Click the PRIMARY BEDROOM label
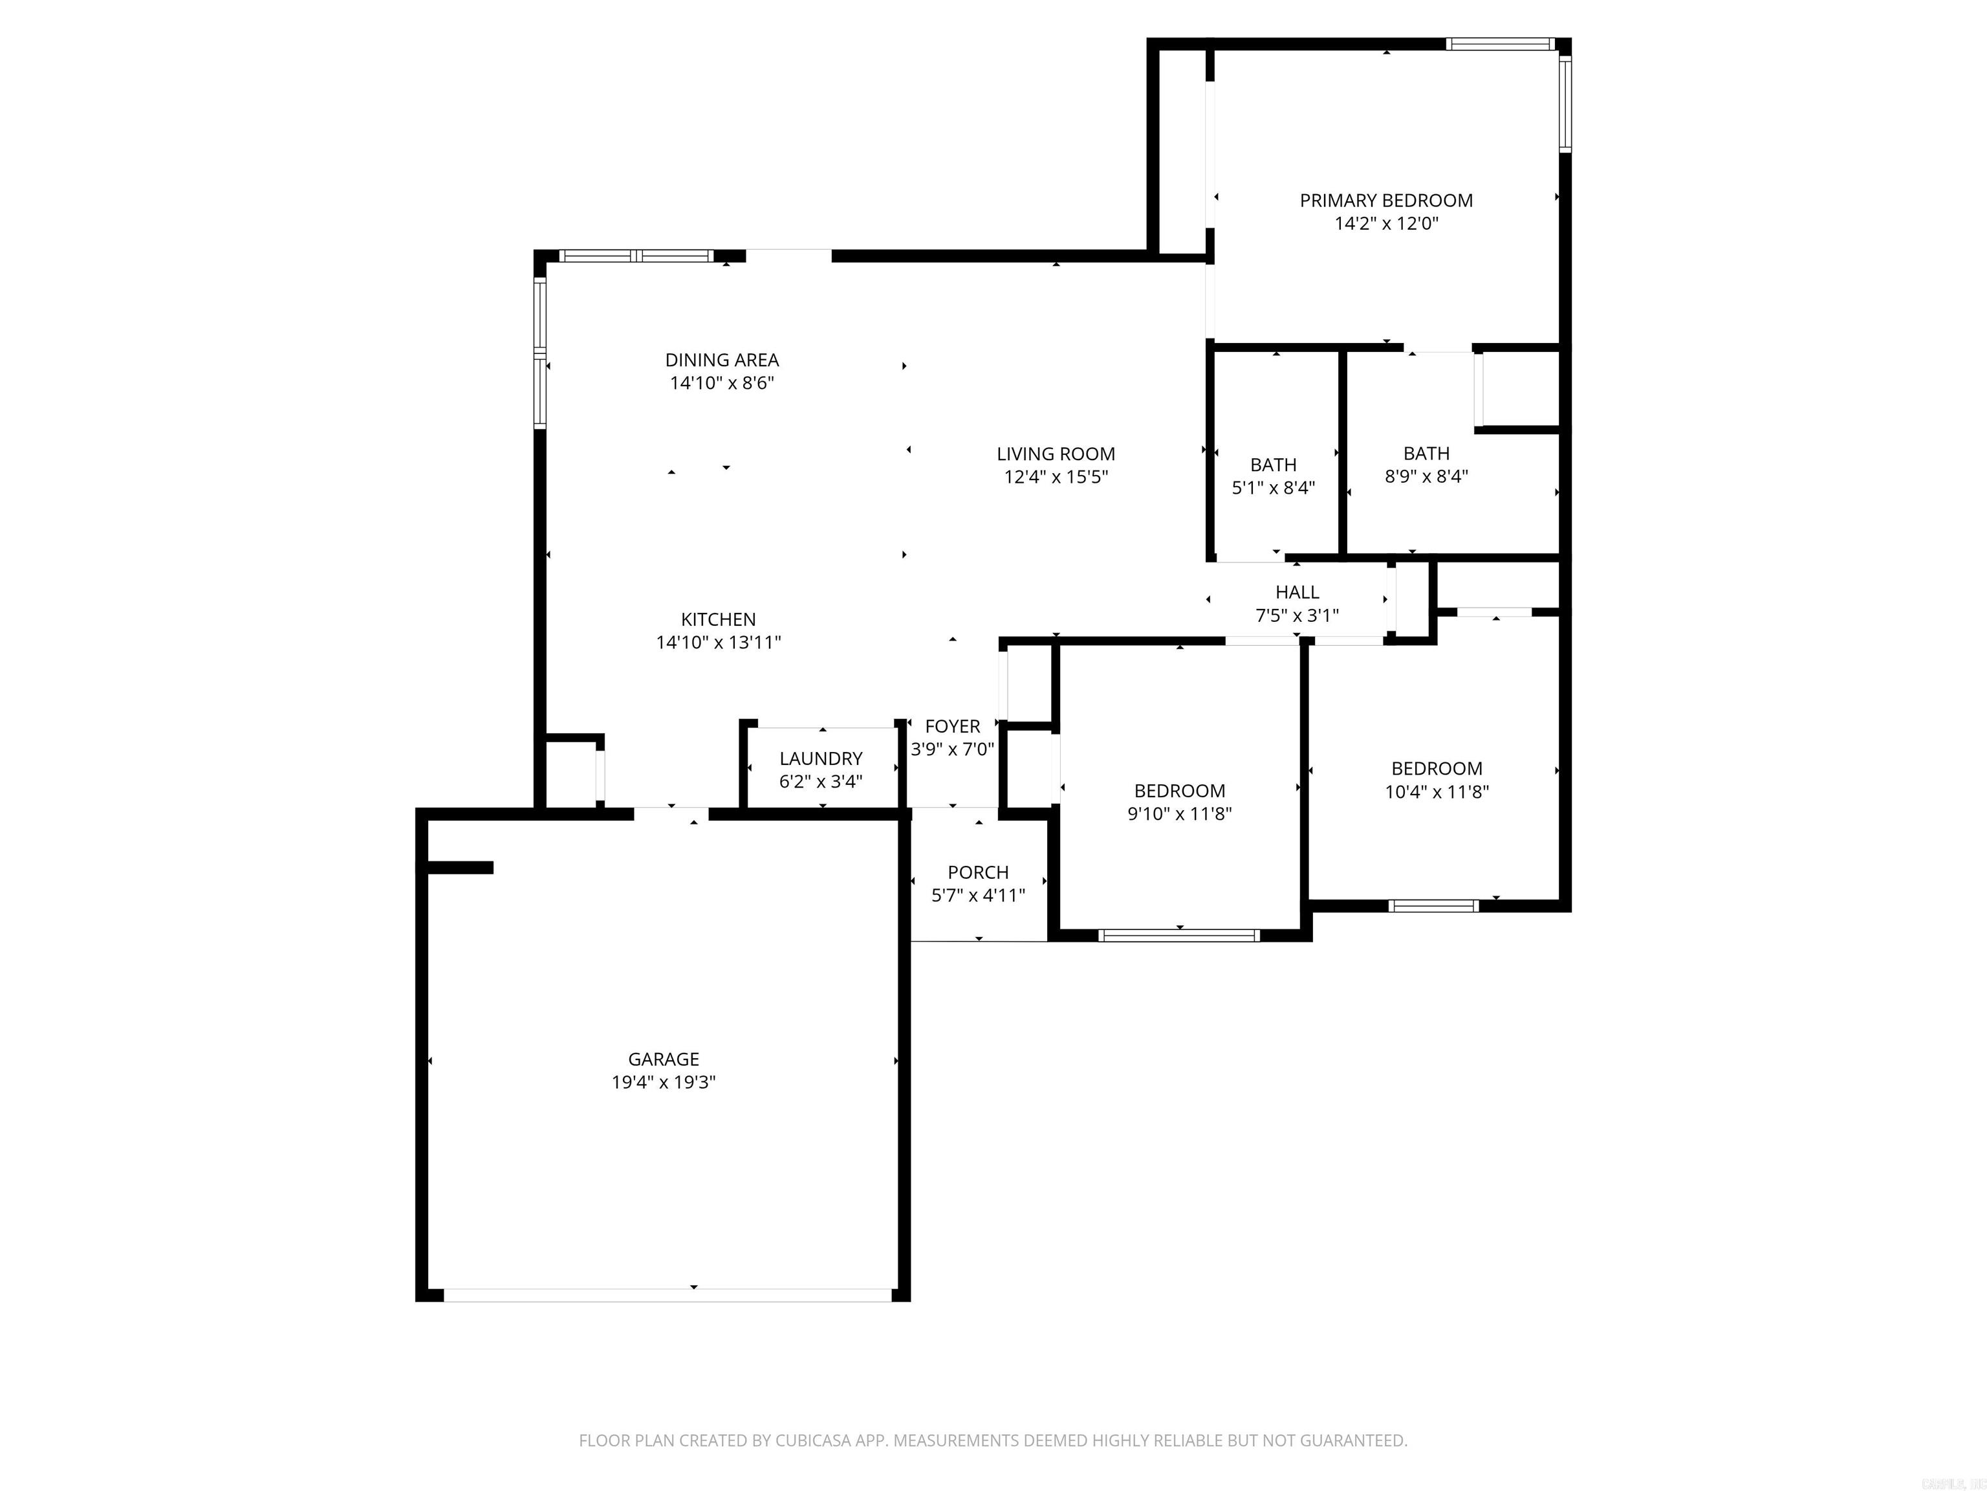click(1386, 201)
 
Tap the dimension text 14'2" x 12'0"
click(1386, 224)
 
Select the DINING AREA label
click(721, 360)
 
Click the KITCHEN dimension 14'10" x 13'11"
click(718, 643)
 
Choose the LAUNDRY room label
click(820, 758)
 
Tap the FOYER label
click(952, 726)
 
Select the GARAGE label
click(663, 1059)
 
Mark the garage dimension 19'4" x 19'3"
click(663, 1083)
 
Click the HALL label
click(1297, 592)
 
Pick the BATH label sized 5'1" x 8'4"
click(1273, 465)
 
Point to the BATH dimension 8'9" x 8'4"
click(1426, 477)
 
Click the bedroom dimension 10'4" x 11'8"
click(1437, 793)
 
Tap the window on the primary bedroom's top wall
click(1499, 43)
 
